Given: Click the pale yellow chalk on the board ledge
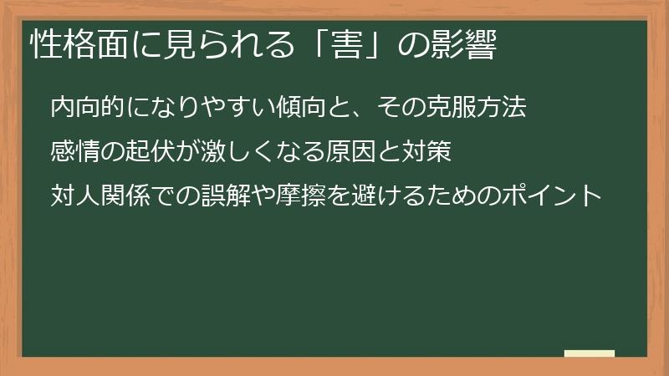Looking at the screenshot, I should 590,353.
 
